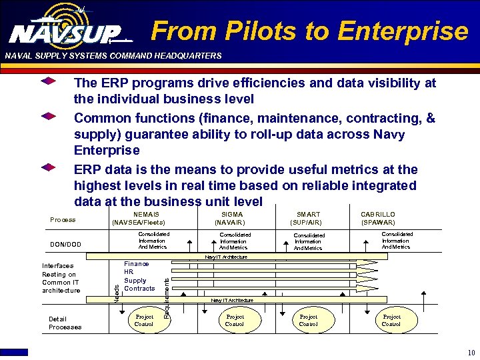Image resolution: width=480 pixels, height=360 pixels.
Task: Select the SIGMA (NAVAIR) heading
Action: click(233, 219)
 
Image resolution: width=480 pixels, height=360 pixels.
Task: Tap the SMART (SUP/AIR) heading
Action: click(308, 219)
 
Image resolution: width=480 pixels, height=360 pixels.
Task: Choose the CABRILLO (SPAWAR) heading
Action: click(378, 219)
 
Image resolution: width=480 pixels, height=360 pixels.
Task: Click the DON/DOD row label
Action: click(65, 245)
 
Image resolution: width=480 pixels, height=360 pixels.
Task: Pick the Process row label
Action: click(63, 220)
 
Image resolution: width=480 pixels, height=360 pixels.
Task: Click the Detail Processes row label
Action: click(65, 323)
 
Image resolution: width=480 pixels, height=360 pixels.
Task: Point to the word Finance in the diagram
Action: click(137, 264)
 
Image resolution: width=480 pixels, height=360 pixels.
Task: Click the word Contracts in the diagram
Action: click(139, 289)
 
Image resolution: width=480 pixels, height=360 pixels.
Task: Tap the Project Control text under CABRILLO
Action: click(391, 321)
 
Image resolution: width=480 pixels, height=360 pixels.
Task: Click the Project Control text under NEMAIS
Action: click(144, 321)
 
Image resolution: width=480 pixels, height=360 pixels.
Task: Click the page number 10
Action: click(471, 353)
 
